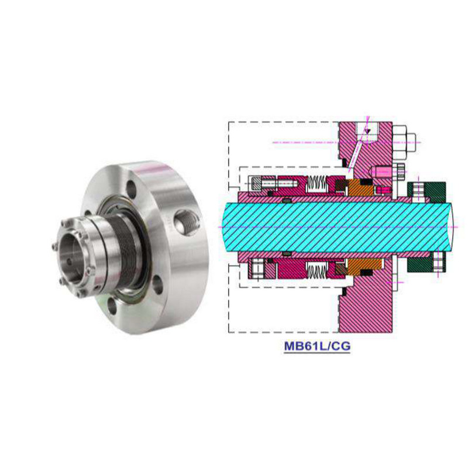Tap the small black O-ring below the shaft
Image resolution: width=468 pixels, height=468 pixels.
tap(286, 253)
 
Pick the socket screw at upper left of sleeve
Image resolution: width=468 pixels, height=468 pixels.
tap(261, 184)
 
